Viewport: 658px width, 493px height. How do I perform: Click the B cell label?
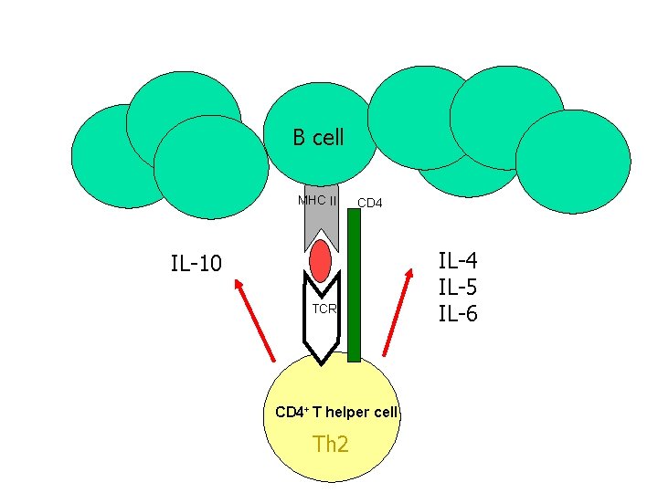click(x=318, y=138)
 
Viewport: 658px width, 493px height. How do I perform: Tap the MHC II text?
click(x=317, y=201)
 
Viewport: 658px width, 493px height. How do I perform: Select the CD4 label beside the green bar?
click(x=369, y=203)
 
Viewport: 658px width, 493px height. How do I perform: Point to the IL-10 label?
click(x=196, y=265)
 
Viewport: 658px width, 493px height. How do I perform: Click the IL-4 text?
click(x=458, y=262)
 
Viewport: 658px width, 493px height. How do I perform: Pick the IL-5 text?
click(x=458, y=288)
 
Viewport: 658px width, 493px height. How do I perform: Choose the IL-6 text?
click(x=458, y=314)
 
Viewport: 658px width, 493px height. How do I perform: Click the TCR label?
click(x=324, y=309)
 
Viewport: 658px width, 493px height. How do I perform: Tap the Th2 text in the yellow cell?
click(x=331, y=445)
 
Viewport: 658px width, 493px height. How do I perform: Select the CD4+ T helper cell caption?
click(x=336, y=412)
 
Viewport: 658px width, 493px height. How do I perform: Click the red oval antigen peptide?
click(x=320, y=262)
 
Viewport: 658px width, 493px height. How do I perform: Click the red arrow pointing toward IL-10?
click(x=255, y=319)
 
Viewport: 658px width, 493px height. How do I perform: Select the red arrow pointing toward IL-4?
click(x=396, y=311)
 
